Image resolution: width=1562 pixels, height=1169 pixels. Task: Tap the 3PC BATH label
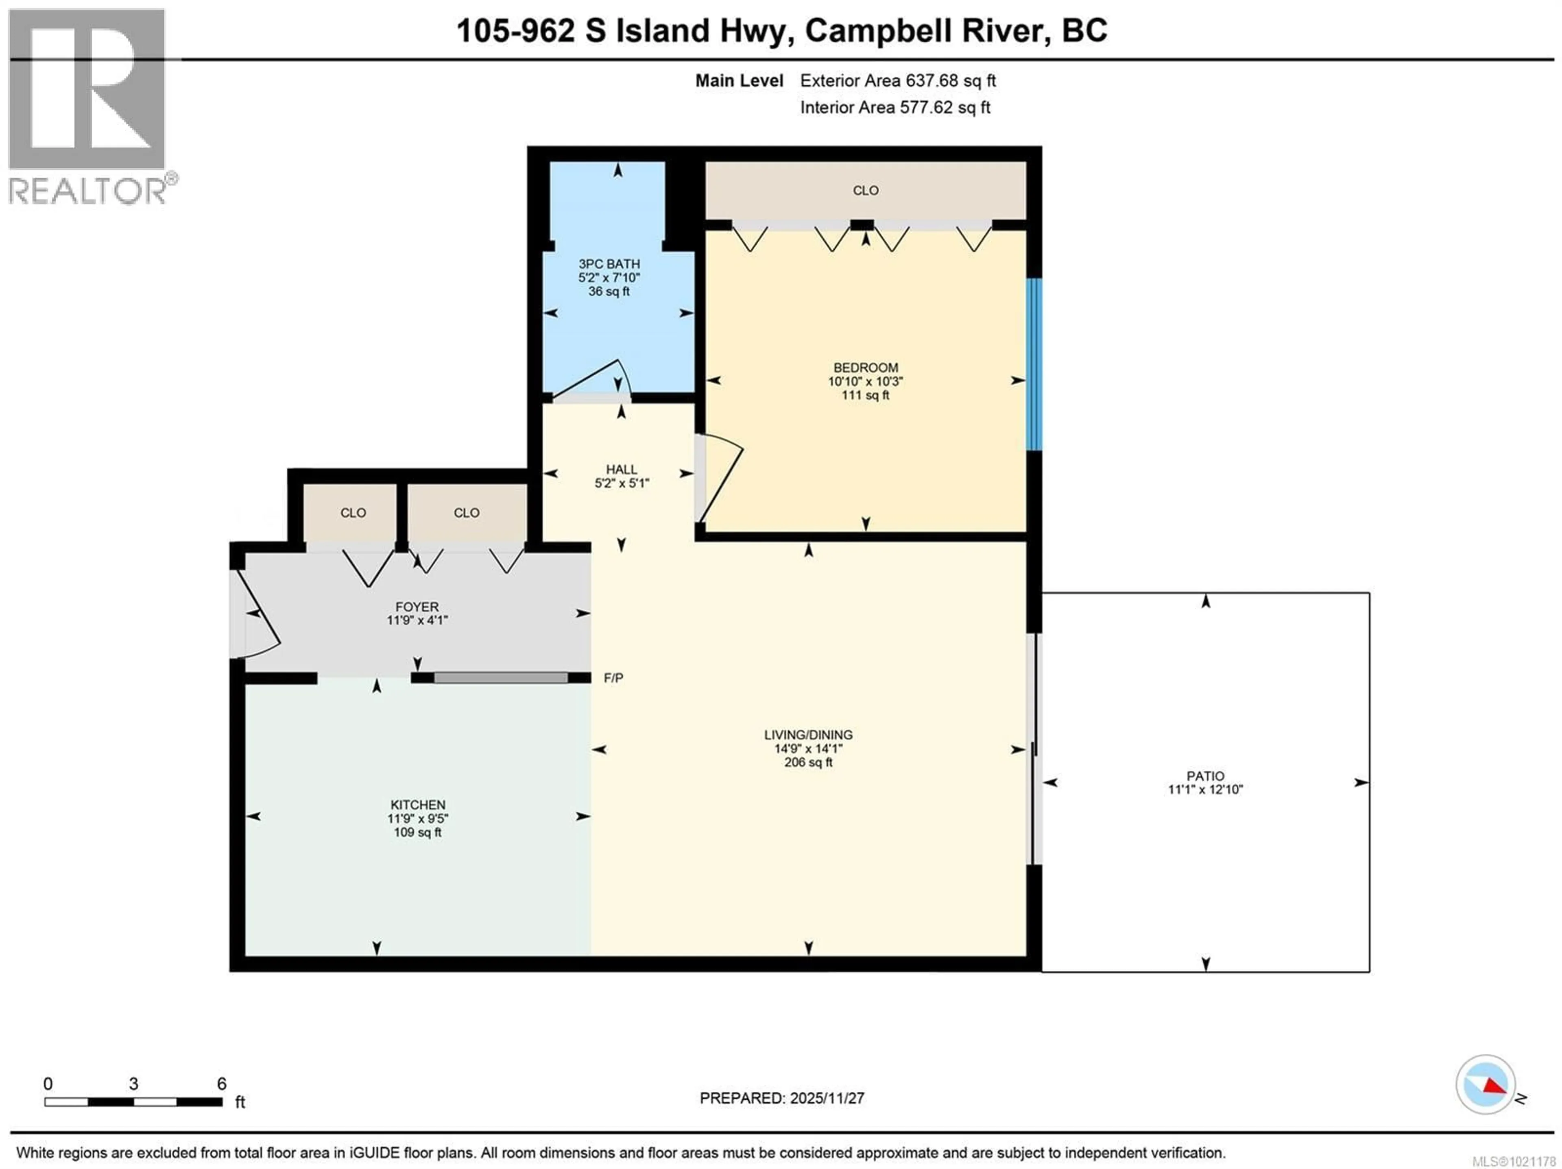point(609,264)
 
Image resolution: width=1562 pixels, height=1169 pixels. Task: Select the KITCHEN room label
point(418,805)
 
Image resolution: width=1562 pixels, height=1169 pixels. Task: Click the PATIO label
point(1205,776)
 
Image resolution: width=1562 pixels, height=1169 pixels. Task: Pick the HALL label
point(622,470)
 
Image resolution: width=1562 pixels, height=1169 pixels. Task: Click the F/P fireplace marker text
point(613,678)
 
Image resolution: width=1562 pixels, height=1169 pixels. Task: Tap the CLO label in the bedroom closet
point(865,191)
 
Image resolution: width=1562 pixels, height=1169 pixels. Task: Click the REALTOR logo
point(88,106)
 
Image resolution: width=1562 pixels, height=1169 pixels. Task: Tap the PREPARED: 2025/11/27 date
point(782,1098)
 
